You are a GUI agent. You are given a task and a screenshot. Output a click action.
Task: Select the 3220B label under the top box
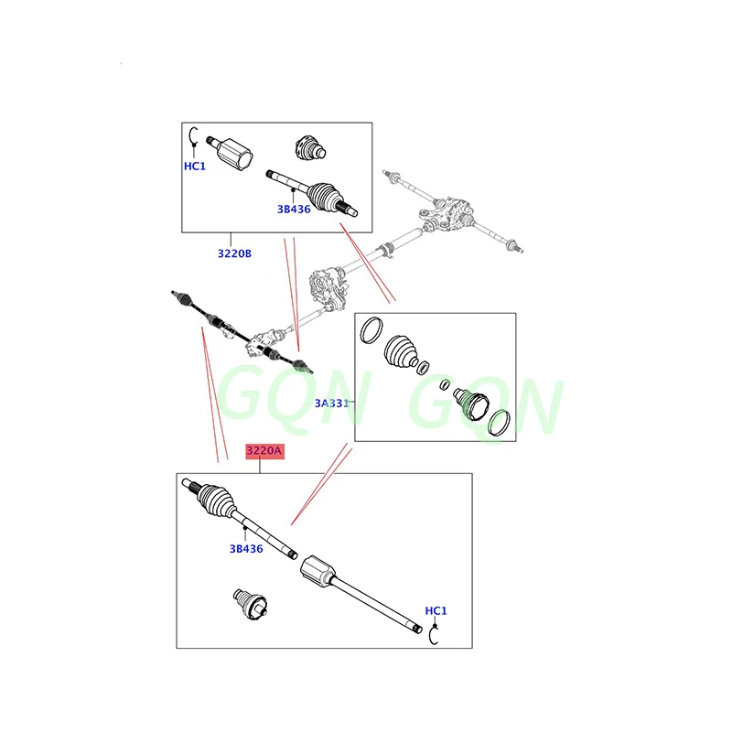click(x=234, y=253)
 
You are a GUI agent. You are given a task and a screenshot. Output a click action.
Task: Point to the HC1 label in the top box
click(x=195, y=167)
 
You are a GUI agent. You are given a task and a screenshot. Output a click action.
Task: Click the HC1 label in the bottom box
click(x=436, y=610)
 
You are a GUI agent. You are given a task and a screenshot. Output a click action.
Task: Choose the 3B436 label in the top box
click(x=295, y=209)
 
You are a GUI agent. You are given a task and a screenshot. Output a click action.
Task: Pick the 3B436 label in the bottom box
click(x=246, y=549)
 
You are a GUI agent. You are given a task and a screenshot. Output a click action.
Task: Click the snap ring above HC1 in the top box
click(x=193, y=138)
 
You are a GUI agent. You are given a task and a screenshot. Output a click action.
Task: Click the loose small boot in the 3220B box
click(x=310, y=146)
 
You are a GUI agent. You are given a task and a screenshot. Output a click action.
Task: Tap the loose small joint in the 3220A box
click(x=249, y=605)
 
